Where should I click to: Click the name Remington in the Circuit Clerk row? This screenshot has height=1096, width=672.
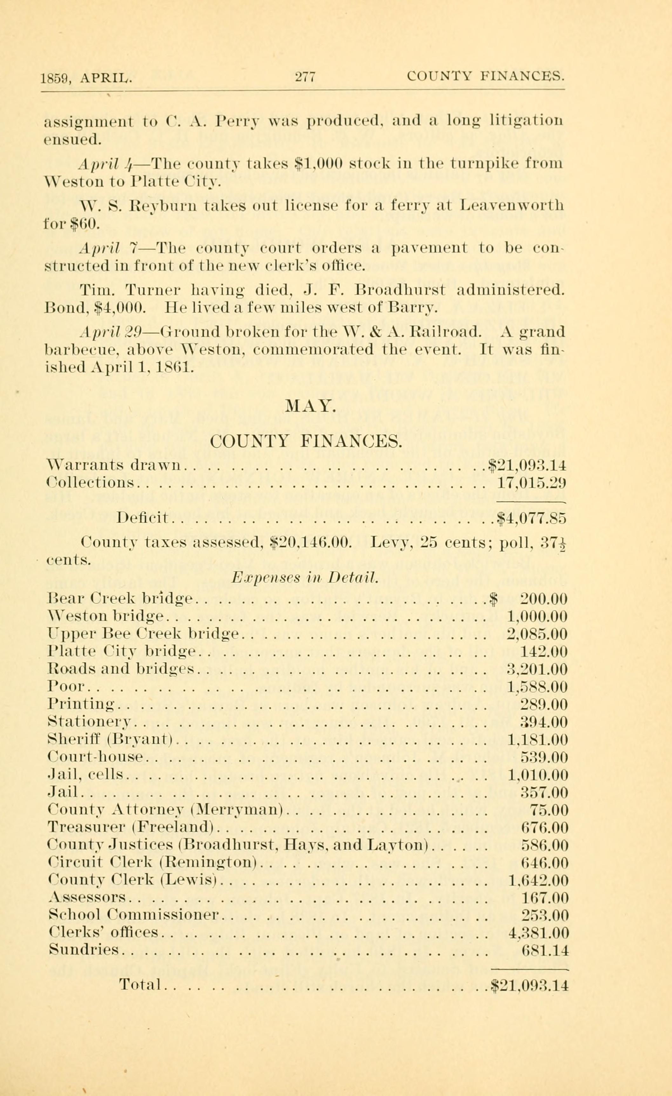(x=208, y=863)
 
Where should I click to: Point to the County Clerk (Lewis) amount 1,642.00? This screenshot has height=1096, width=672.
(x=537, y=881)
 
